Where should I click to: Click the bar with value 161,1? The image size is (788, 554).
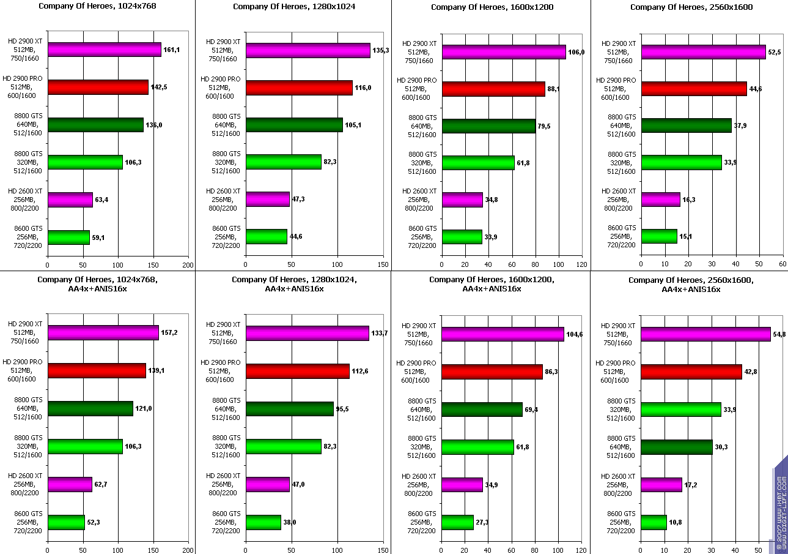tap(104, 50)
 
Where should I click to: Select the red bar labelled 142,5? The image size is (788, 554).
tap(98, 88)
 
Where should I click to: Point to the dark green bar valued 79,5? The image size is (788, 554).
tap(488, 126)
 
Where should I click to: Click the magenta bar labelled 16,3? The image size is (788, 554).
tap(660, 200)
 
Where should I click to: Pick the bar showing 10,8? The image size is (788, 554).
tap(654, 522)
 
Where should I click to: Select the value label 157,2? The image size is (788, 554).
tap(169, 332)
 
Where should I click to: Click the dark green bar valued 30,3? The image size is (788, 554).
tap(676, 447)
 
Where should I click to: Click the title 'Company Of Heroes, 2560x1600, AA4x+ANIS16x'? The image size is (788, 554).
tap(690, 285)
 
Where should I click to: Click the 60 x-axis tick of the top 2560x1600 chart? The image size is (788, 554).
tap(782, 264)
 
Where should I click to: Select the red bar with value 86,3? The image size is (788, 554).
tap(492, 372)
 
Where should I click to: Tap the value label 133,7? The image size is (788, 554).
tap(380, 333)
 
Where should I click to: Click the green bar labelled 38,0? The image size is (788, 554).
tap(263, 522)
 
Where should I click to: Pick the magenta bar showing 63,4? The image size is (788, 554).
tap(70, 200)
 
